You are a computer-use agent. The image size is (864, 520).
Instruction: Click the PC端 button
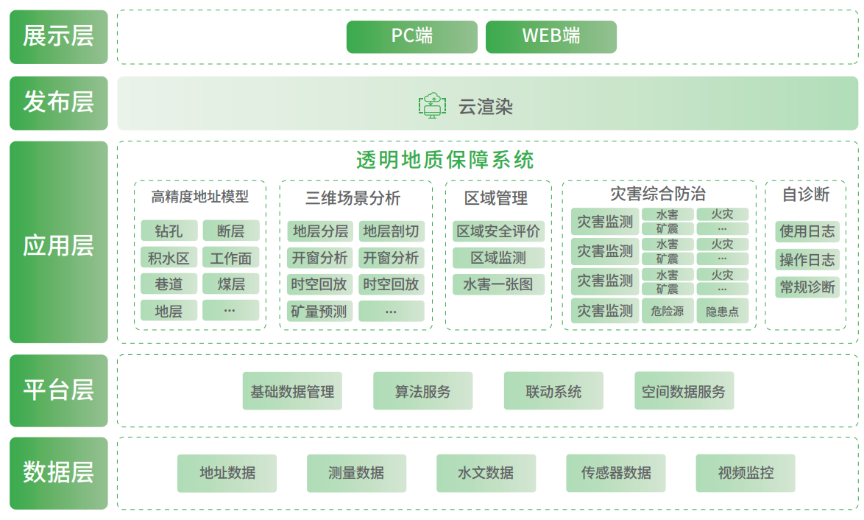point(411,37)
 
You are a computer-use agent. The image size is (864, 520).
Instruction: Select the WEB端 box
point(550,37)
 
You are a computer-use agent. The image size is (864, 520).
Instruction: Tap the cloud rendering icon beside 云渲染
point(432,106)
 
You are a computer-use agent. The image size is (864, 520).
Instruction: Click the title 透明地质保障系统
point(445,160)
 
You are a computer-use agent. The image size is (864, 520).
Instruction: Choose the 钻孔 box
point(169,231)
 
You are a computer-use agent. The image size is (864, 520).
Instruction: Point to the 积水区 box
point(169,258)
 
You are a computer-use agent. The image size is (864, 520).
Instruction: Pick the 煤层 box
point(231,284)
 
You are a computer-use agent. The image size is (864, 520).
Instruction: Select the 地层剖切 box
point(391,231)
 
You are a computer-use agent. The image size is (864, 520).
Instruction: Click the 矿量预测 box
point(319,311)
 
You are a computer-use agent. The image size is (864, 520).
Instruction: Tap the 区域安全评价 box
point(498,231)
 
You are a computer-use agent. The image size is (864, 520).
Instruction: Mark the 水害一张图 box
point(498,284)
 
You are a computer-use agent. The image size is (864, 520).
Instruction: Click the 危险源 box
point(668,312)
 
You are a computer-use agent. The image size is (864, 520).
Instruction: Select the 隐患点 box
point(722,312)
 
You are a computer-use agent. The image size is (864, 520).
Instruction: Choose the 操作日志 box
point(807,259)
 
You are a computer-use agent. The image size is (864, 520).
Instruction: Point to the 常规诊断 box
point(807,287)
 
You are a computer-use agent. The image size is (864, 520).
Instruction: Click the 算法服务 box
point(422,391)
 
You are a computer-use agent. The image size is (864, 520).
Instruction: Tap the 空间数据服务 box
point(684,391)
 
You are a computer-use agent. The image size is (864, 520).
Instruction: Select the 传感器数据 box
point(616,473)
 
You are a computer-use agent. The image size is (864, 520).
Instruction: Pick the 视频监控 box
point(746,473)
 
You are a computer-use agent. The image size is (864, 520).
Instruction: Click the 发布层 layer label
point(58,103)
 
